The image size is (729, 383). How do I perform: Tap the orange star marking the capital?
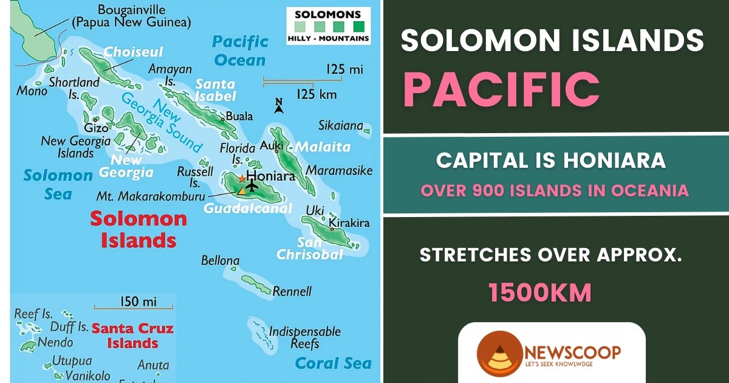pos(242,179)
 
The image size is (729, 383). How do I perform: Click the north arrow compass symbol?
pos(279,106)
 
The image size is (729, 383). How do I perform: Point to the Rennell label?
pos(292,291)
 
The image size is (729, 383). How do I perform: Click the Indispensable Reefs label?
pos(304,338)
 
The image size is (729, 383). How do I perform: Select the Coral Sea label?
pos(333,364)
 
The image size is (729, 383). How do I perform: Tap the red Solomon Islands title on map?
pos(139,229)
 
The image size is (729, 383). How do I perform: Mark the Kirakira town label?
pos(349,224)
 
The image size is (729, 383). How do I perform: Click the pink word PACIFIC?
pos(501,89)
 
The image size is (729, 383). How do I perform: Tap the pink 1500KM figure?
pos(540,293)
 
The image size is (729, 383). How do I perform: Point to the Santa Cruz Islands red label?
pos(132,335)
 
